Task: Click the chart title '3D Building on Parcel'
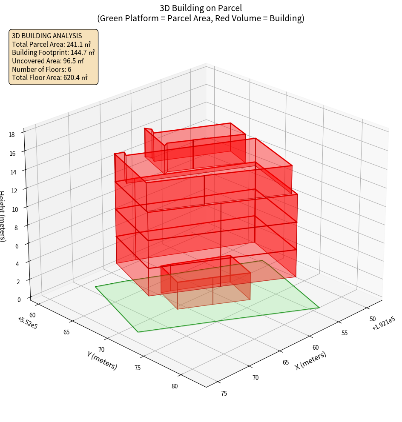(201, 8)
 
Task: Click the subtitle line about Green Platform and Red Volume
(201, 18)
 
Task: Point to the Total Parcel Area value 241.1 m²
(78, 44)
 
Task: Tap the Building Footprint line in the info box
(53, 52)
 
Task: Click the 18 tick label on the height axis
(11, 135)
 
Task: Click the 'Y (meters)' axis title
(102, 360)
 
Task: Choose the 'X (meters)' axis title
(310, 360)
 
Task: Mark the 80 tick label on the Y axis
(175, 386)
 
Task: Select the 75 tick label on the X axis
(224, 393)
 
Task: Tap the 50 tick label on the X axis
(373, 319)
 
